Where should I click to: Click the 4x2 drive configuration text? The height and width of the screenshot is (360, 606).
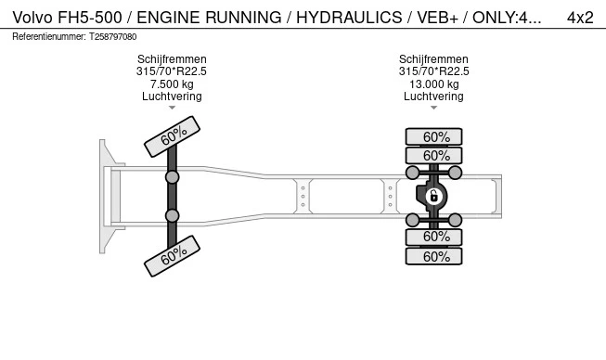coord(580,17)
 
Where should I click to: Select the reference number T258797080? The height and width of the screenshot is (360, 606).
coord(112,37)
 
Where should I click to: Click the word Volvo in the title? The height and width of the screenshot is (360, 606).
coord(32,17)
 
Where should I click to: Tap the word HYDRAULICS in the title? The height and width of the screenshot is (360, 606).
coord(338,17)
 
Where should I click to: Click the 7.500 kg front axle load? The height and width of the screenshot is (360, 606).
coord(172,84)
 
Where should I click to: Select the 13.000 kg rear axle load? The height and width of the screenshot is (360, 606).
coord(433,84)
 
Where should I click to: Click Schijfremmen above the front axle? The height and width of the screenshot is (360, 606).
coord(172,59)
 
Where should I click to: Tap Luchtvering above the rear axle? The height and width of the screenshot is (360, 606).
coord(433,96)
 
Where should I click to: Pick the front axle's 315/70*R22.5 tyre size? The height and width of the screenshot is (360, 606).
coord(172,71)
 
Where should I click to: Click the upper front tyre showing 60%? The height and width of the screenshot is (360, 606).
coord(173,136)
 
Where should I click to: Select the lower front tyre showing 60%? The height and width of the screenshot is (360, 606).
coord(173,256)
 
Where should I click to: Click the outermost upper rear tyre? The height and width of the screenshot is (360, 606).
coord(433,136)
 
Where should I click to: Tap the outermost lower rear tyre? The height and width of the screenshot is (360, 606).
coord(433,257)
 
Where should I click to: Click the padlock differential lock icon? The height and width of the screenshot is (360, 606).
coord(433,196)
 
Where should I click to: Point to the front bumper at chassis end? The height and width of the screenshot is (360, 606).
coord(107,196)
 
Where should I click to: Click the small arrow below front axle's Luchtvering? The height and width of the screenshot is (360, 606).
coord(172,108)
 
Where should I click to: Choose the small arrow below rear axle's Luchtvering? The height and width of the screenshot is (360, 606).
coord(433,108)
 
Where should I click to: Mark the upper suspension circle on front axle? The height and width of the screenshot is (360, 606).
coord(172,176)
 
